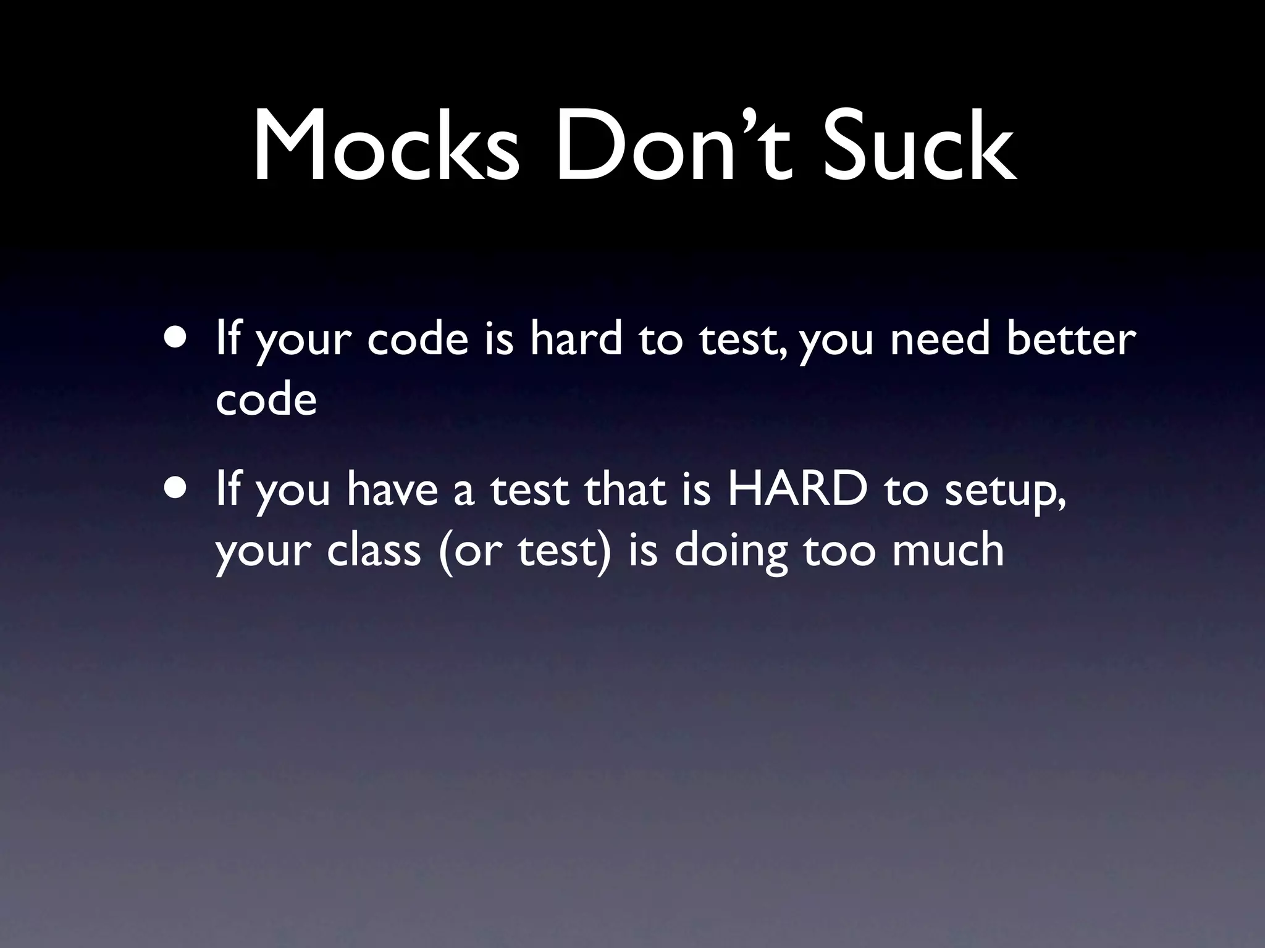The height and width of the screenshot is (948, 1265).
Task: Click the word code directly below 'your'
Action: coord(266,400)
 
